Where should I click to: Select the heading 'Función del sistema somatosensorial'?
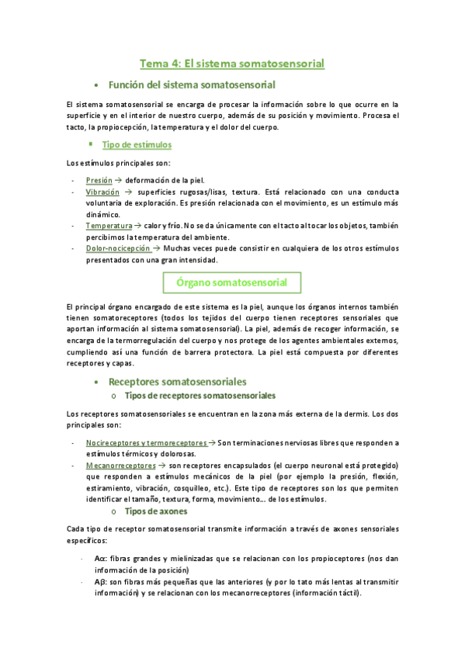(x=192, y=84)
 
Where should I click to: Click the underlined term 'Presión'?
(x=99, y=179)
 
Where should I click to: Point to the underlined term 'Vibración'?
(x=102, y=191)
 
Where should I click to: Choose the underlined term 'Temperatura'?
(x=109, y=225)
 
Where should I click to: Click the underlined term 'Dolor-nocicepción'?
(x=118, y=248)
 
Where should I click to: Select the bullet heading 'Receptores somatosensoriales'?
(x=178, y=382)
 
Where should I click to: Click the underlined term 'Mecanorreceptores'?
(x=120, y=465)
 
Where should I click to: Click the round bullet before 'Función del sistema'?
(x=95, y=85)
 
